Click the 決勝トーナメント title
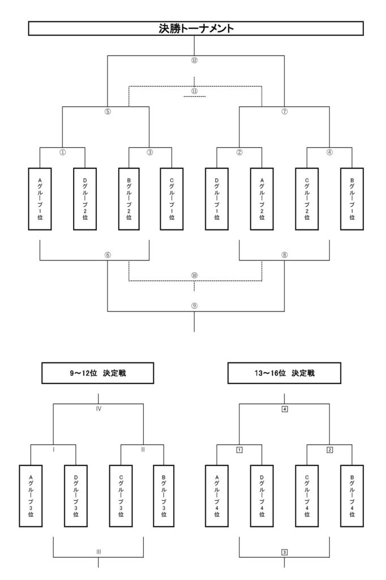pos(195,28)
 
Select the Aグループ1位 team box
pos(40,198)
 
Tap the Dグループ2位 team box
pos(85,198)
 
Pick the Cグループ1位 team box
pos(171,198)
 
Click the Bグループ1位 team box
pos(351,198)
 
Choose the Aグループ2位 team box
pos(261,198)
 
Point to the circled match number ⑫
pos(194,60)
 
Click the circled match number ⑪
pos(194,91)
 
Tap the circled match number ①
pos(62,152)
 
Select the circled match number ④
pos(329,152)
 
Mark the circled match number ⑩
pos(194,275)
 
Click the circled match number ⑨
pos(194,305)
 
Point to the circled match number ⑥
pos(108,255)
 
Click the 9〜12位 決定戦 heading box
pos(98,374)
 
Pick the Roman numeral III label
pos(98,551)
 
